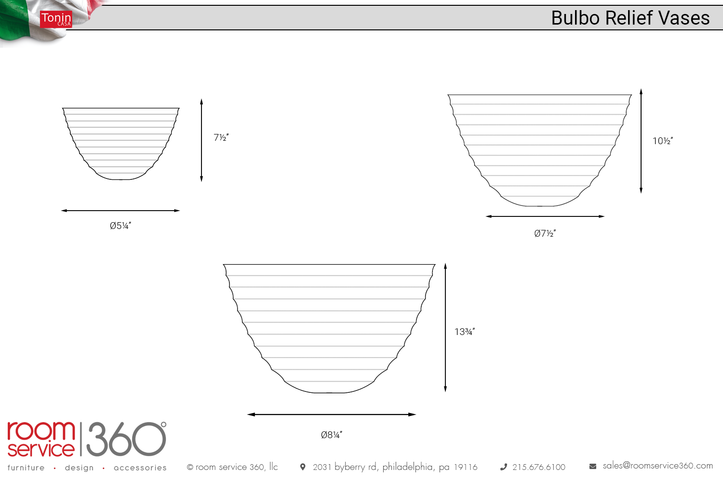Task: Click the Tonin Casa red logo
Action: point(56,19)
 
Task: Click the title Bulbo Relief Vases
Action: point(630,18)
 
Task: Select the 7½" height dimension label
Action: point(221,137)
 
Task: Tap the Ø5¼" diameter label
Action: point(120,226)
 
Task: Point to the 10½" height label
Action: point(663,141)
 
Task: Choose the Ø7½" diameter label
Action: point(545,233)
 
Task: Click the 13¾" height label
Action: point(465,332)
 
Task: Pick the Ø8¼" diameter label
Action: point(332,435)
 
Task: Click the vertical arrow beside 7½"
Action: point(201,140)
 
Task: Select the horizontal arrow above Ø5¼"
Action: point(120,211)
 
